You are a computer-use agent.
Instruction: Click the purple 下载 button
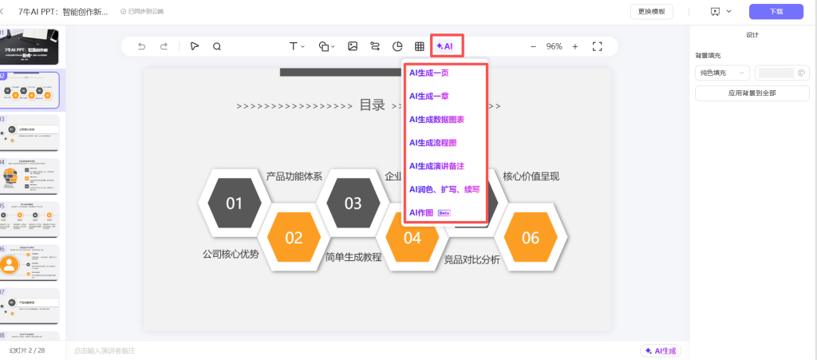point(776,11)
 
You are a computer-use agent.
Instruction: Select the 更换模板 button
point(651,11)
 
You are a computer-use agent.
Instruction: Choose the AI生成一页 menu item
point(429,73)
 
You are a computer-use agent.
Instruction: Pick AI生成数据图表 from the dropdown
point(436,119)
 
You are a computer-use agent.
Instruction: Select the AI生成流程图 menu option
point(432,142)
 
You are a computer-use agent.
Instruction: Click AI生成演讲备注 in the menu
point(436,166)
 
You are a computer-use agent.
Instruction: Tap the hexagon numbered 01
point(234,203)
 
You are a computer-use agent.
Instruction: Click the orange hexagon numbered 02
point(294,237)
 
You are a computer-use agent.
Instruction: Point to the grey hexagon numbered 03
point(353,203)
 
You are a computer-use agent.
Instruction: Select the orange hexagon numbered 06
point(531,237)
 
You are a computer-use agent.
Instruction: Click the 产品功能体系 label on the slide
point(294,176)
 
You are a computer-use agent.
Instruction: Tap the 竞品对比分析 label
point(472,259)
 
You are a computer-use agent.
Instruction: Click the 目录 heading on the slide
point(372,105)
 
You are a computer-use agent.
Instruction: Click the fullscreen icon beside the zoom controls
point(597,46)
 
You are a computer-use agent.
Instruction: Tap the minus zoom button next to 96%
point(533,46)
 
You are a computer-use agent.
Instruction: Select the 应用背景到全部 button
point(752,93)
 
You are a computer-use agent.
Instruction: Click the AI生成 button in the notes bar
point(661,350)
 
